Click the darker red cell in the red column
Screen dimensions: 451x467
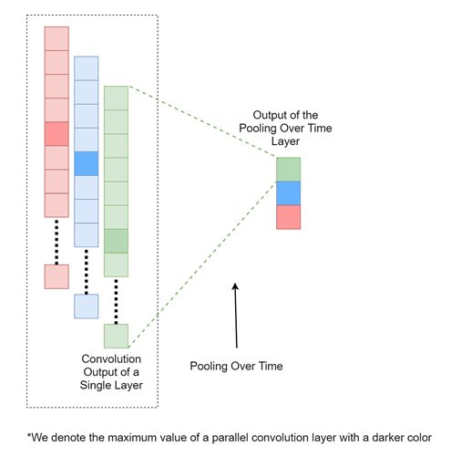tap(56, 134)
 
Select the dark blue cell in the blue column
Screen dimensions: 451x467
tap(87, 163)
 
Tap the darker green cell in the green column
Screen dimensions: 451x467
tap(116, 241)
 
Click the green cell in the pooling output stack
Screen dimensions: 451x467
tap(288, 170)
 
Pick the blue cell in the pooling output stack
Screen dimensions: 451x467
tap(288, 193)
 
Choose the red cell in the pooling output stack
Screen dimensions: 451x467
tap(288, 217)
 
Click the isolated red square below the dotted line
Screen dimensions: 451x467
tap(56, 276)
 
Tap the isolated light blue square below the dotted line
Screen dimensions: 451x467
tap(87, 306)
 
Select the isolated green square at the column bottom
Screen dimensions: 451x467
tap(116, 337)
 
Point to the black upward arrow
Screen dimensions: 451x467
tap(236, 316)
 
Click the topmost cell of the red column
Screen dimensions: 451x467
tap(56, 38)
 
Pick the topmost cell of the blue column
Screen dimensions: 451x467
tap(87, 68)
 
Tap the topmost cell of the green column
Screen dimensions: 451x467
tap(116, 98)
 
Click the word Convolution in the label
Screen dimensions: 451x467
tap(111, 359)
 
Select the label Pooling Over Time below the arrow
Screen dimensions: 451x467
tap(236, 366)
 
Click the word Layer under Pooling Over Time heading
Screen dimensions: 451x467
tap(285, 141)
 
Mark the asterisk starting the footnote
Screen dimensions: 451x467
tap(29, 436)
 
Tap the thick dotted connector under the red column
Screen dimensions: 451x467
tap(56, 241)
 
